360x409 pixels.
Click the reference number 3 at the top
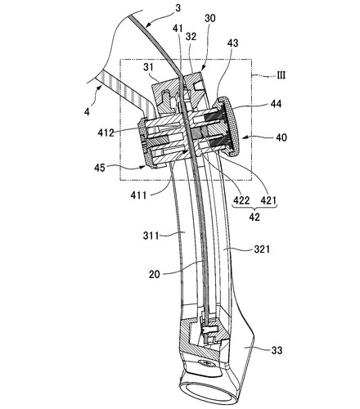click(178, 8)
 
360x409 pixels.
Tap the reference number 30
click(210, 18)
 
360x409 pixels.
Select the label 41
click(178, 29)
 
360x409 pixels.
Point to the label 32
click(191, 36)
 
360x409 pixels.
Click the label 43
click(232, 43)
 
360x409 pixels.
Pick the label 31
click(148, 67)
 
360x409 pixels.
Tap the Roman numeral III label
click(281, 75)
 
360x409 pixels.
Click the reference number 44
click(276, 104)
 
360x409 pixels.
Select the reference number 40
click(281, 137)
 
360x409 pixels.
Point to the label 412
click(106, 133)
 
